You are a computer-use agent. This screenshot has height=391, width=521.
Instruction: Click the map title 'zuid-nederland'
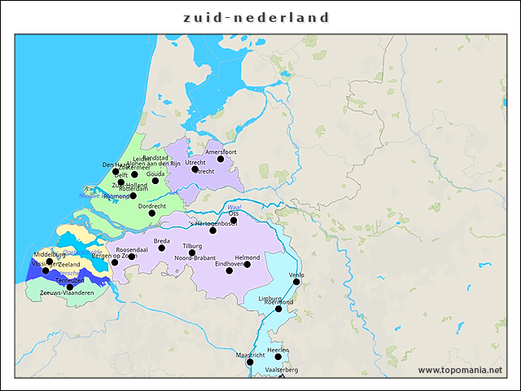click(256, 17)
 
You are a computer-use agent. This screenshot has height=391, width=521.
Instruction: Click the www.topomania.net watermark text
click(460, 371)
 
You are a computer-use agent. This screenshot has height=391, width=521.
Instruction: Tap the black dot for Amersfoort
click(221, 159)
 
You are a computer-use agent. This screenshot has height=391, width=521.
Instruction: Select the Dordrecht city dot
click(151, 213)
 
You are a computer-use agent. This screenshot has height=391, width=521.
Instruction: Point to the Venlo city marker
click(296, 282)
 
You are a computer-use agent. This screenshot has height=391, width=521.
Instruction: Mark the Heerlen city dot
click(278, 357)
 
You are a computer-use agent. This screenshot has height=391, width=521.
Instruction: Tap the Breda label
click(162, 241)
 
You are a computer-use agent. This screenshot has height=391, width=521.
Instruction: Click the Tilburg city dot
click(192, 253)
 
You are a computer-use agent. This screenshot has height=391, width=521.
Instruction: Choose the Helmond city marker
click(247, 265)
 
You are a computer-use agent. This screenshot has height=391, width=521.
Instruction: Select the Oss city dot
click(234, 220)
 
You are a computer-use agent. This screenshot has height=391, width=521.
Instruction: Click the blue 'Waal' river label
click(235, 207)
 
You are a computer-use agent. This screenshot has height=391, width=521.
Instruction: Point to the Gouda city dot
click(155, 181)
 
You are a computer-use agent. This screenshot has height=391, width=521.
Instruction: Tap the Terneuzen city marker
click(70, 287)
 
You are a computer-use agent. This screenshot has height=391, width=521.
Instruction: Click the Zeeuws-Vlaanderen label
click(61, 292)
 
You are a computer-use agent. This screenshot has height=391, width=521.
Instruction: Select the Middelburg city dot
click(50, 261)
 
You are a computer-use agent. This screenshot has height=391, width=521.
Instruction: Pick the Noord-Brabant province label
click(195, 258)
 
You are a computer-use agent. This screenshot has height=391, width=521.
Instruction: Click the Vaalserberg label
click(282, 370)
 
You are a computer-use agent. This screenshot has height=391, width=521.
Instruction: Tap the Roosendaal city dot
click(132, 257)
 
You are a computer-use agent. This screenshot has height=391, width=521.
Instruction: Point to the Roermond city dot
click(278, 309)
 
